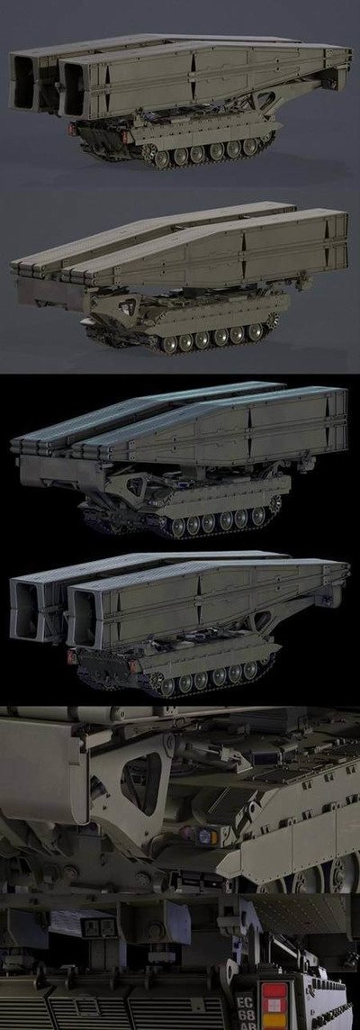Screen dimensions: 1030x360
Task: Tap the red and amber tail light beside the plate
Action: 274,1005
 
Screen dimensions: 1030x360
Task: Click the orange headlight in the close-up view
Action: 207,836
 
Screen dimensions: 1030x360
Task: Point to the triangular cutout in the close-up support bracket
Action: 141,782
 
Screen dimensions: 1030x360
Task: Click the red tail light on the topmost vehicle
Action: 72,129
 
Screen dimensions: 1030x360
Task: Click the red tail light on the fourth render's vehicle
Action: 71,655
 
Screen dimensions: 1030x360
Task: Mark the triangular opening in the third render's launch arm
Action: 137,487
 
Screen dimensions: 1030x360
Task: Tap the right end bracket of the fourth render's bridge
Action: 340,594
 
